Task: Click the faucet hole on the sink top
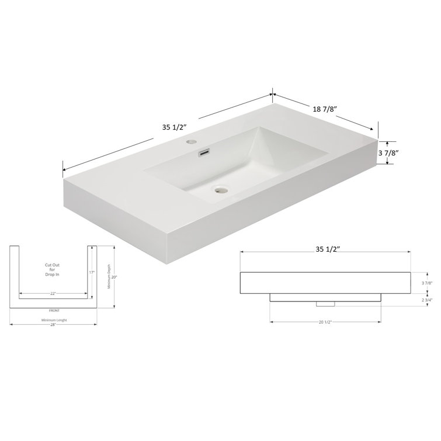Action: (192, 141)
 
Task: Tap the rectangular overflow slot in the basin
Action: (204, 153)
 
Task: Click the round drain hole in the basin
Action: (220, 189)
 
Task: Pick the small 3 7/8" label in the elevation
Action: (427, 283)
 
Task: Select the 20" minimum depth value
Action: (116, 278)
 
